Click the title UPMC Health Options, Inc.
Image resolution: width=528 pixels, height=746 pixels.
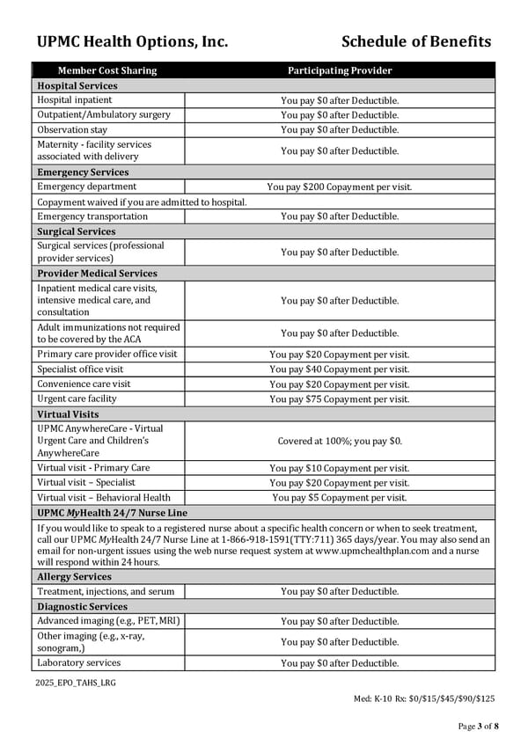point(132,41)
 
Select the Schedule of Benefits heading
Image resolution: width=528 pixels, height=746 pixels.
point(415,41)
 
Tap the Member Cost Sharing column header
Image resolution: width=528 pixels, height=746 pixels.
point(107,70)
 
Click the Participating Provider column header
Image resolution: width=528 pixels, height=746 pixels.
point(339,70)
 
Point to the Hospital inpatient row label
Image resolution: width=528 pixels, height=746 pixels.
point(75,100)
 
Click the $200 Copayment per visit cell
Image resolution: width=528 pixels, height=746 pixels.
point(339,186)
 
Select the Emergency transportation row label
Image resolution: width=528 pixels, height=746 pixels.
point(92,216)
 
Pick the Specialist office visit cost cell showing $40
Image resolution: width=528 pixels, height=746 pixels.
point(339,369)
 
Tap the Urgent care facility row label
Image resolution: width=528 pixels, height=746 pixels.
point(79,399)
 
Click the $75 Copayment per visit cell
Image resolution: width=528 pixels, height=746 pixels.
point(339,399)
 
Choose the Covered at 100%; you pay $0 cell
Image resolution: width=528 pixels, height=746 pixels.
point(339,441)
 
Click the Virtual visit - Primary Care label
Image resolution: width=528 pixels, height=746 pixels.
point(93,468)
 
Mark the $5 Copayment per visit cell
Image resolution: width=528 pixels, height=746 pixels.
point(339,497)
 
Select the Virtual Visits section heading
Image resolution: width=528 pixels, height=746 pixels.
point(68,413)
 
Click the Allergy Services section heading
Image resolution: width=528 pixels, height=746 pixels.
point(74,576)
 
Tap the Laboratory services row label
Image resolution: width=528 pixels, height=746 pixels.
point(79,662)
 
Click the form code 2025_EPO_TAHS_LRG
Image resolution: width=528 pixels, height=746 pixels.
point(76,683)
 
